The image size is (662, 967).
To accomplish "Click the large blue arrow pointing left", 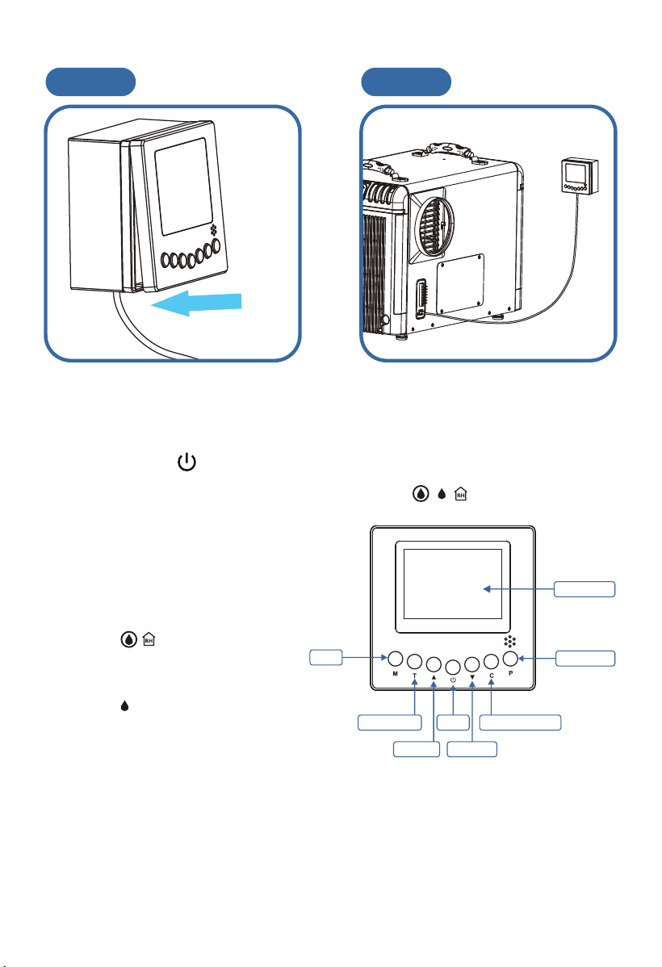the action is [196, 303].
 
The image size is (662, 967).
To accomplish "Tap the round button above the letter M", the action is [396, 658].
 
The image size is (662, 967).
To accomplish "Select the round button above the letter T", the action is [415, 662].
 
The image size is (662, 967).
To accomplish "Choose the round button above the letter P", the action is [510, 658].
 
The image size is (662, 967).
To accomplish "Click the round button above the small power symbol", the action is [453, 667].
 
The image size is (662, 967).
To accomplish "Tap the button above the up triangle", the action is [434, 664].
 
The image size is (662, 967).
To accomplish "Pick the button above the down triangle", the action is [472, 664].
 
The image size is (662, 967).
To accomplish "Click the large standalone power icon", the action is [187, 462].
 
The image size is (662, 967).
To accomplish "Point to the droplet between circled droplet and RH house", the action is [441, 494].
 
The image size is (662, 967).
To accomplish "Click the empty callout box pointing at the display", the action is [584, 589].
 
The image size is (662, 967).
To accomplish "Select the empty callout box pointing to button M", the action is [326, 657].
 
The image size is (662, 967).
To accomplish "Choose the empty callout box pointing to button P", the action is [584, 658].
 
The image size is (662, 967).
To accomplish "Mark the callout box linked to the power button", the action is [453, 722].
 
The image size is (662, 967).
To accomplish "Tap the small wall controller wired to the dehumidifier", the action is [580, 176].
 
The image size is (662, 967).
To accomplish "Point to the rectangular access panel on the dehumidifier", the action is [460, 285].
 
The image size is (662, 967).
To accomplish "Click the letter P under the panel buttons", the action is [511, 673].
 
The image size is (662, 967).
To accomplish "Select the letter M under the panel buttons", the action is [396, 674].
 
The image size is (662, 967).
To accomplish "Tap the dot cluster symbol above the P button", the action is [509, 641].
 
